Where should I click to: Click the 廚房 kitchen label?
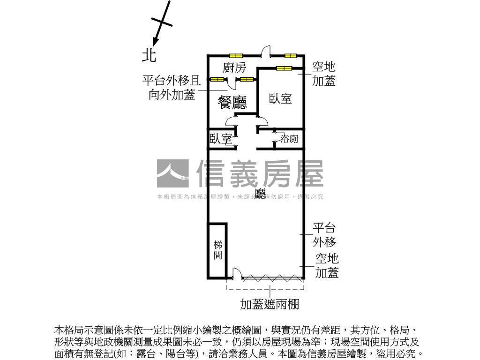tap(234, 67)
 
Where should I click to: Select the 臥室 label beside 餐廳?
tap(280, 99)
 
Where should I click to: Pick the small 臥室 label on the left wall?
tap(220, 139)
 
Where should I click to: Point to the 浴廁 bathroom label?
tap(289, 139)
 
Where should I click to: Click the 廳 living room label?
tap(261, 194)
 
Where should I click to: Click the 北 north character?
tap(149, 56)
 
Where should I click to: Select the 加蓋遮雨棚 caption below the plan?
tap(270, 305)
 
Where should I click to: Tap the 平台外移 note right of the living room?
tap(324, 235)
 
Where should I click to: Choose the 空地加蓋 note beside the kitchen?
tap(324, 74)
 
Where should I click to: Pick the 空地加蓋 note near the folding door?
tap(327, 265)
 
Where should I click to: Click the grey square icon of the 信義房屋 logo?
tap(172, 174)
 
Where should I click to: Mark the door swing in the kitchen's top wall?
tap(266, 51)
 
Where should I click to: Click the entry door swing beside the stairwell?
tap(237, 273)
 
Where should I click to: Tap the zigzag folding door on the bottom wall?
tap(272, 277)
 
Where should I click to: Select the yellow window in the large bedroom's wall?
tap(284, 68)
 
